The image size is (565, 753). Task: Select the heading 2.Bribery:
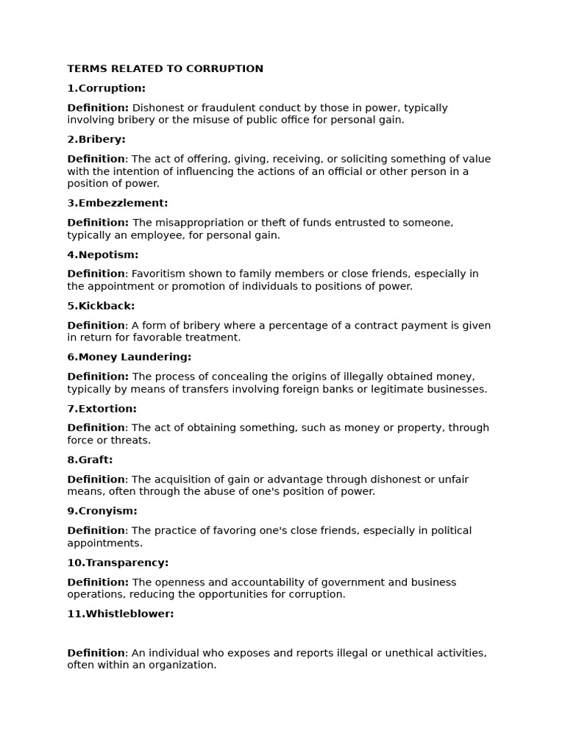coord(96,140)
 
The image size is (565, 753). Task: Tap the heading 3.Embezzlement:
coord(118,203)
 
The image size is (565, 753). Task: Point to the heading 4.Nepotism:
coord(103,255)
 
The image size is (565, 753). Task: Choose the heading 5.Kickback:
coord(101,306)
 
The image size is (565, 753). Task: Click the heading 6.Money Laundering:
coord(129,357)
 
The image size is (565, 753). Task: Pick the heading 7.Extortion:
coord(102,409)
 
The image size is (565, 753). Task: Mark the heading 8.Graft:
coord(90,460)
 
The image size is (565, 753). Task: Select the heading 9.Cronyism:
coord(102,511)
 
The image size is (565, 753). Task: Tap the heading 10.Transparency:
coord(118,563)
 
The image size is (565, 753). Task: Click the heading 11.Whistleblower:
coord(121,614)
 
